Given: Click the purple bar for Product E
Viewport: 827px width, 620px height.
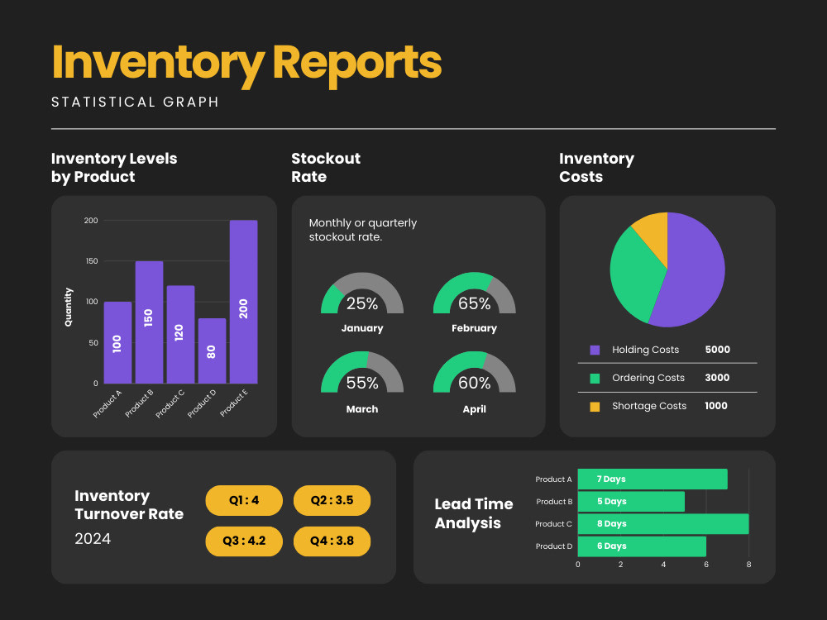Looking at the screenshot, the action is click(x=244, y=302).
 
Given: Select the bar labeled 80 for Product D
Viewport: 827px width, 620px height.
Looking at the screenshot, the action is click(x=212, y=351).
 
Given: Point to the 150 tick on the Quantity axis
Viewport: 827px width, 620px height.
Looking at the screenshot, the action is click(x=91, y=261).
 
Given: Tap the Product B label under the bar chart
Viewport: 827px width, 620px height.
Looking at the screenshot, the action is click(x=139, y=404).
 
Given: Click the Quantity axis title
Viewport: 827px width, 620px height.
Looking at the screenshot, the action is click(x=68, y=307).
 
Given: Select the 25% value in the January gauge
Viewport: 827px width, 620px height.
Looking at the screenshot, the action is click(x=362, y=303).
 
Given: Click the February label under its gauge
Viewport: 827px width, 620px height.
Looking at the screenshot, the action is click(x=474, y=328).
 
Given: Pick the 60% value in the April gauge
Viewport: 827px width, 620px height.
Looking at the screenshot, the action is click(x=474, y=383).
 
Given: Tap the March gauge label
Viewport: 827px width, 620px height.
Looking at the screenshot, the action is click(x=362, y=409).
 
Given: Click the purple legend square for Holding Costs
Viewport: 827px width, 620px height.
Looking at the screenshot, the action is click(x=595, y=350).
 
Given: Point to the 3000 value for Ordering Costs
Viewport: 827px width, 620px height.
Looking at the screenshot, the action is click(x=717, y=378).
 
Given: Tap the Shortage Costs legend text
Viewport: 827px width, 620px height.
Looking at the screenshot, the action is click(x=649, y=406).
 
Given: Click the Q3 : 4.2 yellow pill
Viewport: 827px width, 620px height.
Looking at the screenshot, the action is click(x=244, y=541).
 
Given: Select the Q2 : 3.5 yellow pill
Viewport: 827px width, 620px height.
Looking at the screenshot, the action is click(x=332, y=500).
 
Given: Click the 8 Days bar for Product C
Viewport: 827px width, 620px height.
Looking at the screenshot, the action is click(x=663, y=524).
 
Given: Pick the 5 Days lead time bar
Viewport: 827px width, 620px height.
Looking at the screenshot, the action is click(x=631, y=502).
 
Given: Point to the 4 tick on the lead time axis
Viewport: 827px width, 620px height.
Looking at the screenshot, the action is click(x=663, y=565).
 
